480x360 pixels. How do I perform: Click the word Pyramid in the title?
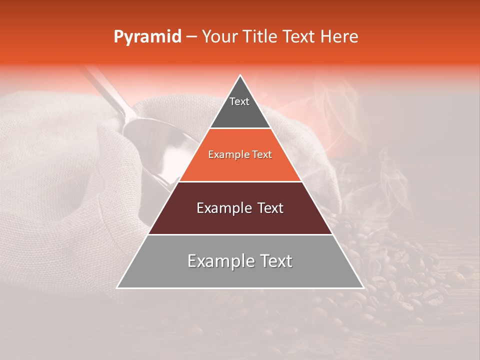click(147, 37)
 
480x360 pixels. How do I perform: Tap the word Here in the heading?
click(339, 37)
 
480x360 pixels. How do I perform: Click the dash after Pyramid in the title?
click(191, 37)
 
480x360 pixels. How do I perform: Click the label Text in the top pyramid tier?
click(239, 101)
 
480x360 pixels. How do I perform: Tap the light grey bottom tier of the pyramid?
click(240, 275)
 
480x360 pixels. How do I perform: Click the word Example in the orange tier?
click(227, 155)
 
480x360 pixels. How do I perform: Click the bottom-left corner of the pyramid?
click(117, 287)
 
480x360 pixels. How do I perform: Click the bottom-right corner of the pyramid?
click(363, 287)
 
